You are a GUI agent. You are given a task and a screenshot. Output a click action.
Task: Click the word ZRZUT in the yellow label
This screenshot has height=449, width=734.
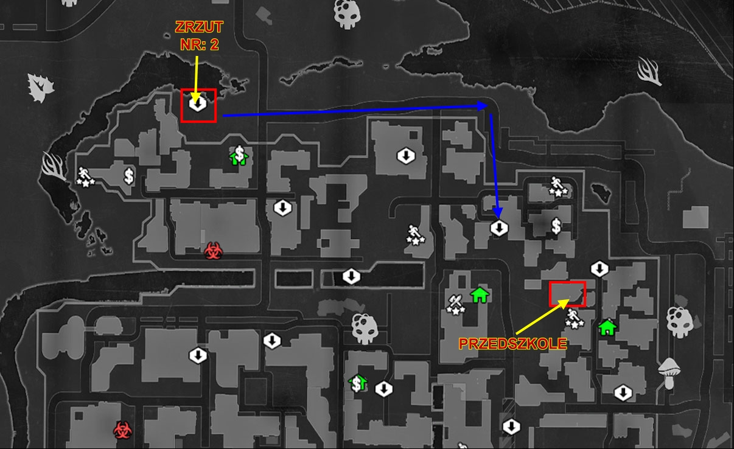coord(198,28)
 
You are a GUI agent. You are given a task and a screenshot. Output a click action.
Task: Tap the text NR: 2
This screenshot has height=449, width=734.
coord(198,44)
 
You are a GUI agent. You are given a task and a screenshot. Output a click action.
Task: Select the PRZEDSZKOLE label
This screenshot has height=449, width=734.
coord(512,344)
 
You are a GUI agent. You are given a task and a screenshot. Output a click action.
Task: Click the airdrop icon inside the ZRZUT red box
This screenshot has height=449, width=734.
coord(197,104)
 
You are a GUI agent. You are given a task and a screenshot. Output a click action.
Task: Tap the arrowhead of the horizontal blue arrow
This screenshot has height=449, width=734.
coord(483,105)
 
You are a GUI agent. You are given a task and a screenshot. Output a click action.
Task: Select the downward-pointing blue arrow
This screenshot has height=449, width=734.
coord(495,164)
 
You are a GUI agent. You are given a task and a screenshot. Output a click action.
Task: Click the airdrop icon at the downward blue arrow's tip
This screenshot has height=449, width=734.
coord(498,228)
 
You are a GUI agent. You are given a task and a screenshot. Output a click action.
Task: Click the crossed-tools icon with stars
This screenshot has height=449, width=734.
coord(455,302)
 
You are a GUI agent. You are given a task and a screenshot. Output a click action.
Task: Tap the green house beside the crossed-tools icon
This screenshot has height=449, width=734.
coord(480,295)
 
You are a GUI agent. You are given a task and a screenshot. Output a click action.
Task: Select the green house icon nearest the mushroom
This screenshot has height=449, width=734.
coord(606,327)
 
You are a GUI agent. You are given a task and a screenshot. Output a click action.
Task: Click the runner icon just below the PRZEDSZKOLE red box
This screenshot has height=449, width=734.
coord(572,317)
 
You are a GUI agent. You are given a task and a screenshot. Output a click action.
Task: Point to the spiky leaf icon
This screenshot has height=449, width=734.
coord(40,88)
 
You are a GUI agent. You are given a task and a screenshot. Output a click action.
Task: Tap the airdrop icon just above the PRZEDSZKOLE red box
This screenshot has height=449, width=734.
coord(599,268)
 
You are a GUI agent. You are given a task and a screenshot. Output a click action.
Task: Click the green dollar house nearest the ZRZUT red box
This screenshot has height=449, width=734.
coord(239,156)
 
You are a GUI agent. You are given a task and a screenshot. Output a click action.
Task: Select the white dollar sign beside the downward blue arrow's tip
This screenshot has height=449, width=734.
coord(556,226)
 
